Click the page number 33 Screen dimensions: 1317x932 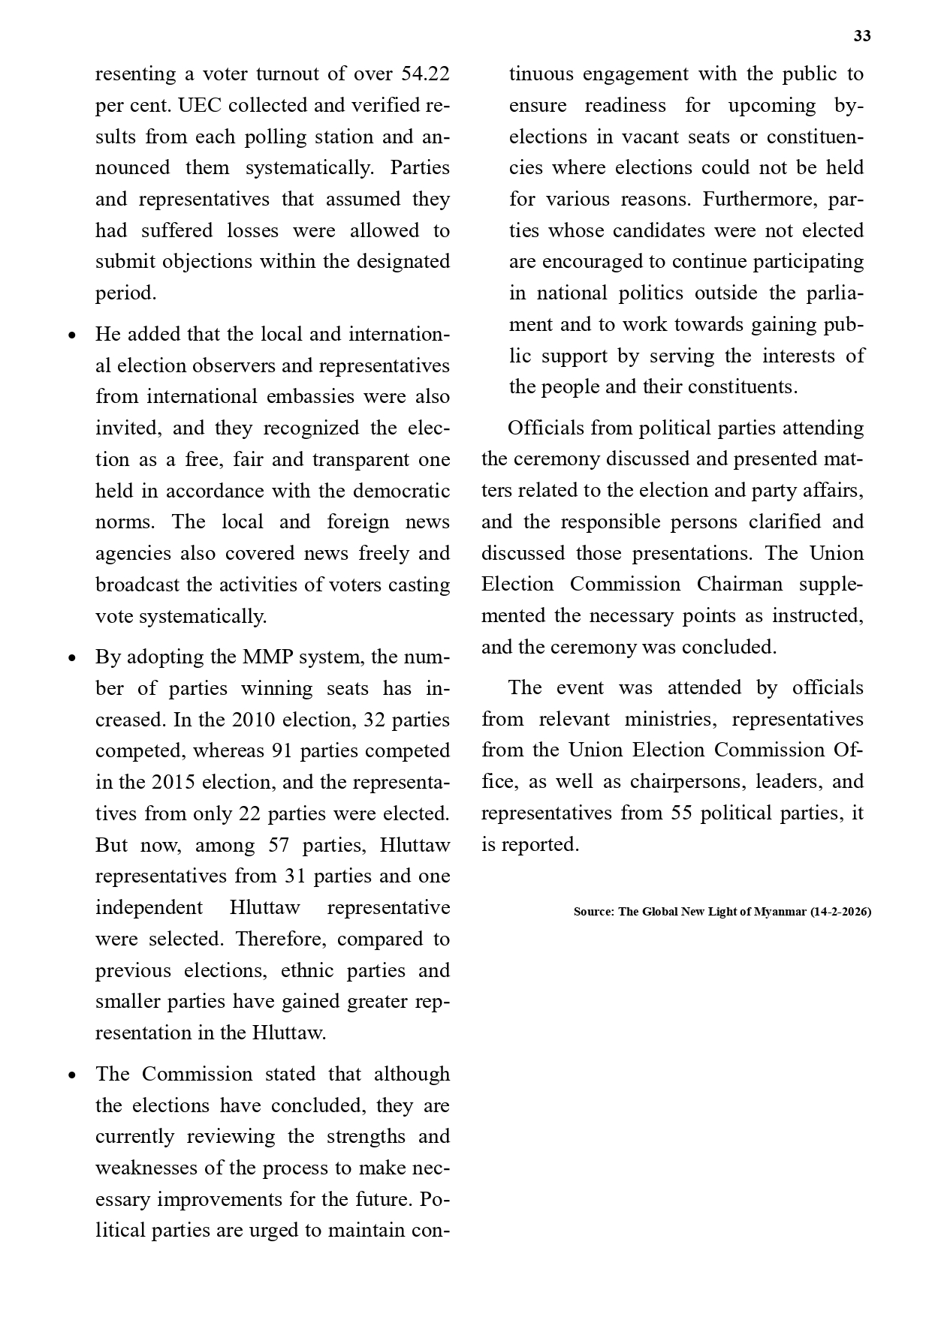(x=862, y=36)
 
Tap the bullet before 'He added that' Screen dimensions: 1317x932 (x=72, y=335)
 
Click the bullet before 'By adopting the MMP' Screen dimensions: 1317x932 (x=72, y=657)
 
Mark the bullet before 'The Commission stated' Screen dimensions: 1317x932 (x=72, y=1075)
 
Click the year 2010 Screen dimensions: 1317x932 (x=255, y=720)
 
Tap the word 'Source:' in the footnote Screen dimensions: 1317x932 (x=594, y=912)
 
